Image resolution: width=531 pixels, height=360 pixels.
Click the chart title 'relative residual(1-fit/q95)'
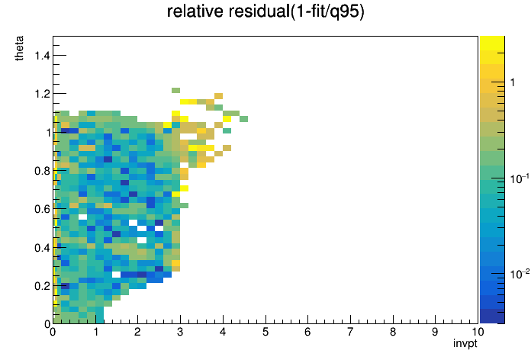click(265, 11)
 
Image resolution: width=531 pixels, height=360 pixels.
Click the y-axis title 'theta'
click(19, 48)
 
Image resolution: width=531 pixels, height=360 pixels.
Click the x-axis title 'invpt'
click(465, 343)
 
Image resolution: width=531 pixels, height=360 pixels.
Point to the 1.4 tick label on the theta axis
click(42, 55)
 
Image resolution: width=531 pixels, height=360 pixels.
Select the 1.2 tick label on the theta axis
click(42, 94)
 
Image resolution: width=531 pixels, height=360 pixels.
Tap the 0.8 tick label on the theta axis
click(42, 171)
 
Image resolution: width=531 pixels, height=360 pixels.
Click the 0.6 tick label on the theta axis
click(42, 209)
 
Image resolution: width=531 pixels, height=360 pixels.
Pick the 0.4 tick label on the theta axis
click(42, 248)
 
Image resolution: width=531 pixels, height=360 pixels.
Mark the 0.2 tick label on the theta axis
click(42, 286)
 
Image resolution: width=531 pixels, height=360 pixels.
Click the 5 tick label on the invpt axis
click(265, 332)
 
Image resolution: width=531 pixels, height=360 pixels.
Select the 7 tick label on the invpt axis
click(350, 332)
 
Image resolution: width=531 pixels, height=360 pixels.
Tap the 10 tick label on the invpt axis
click(478, 332)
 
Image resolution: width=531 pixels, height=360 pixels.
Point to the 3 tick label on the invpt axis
click(180, 332)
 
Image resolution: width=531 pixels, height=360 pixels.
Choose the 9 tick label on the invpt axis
click(435, 332)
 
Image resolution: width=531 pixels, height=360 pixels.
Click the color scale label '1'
click(513, 82)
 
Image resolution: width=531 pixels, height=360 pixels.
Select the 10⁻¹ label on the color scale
click(520, 178)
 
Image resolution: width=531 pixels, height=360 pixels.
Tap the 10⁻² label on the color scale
click(520, 274)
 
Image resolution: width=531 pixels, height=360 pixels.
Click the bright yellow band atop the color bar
click(492, 43)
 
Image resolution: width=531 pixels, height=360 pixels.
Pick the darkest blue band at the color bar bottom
click(492, 317)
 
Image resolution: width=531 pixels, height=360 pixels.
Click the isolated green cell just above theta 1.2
click(175, 91)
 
